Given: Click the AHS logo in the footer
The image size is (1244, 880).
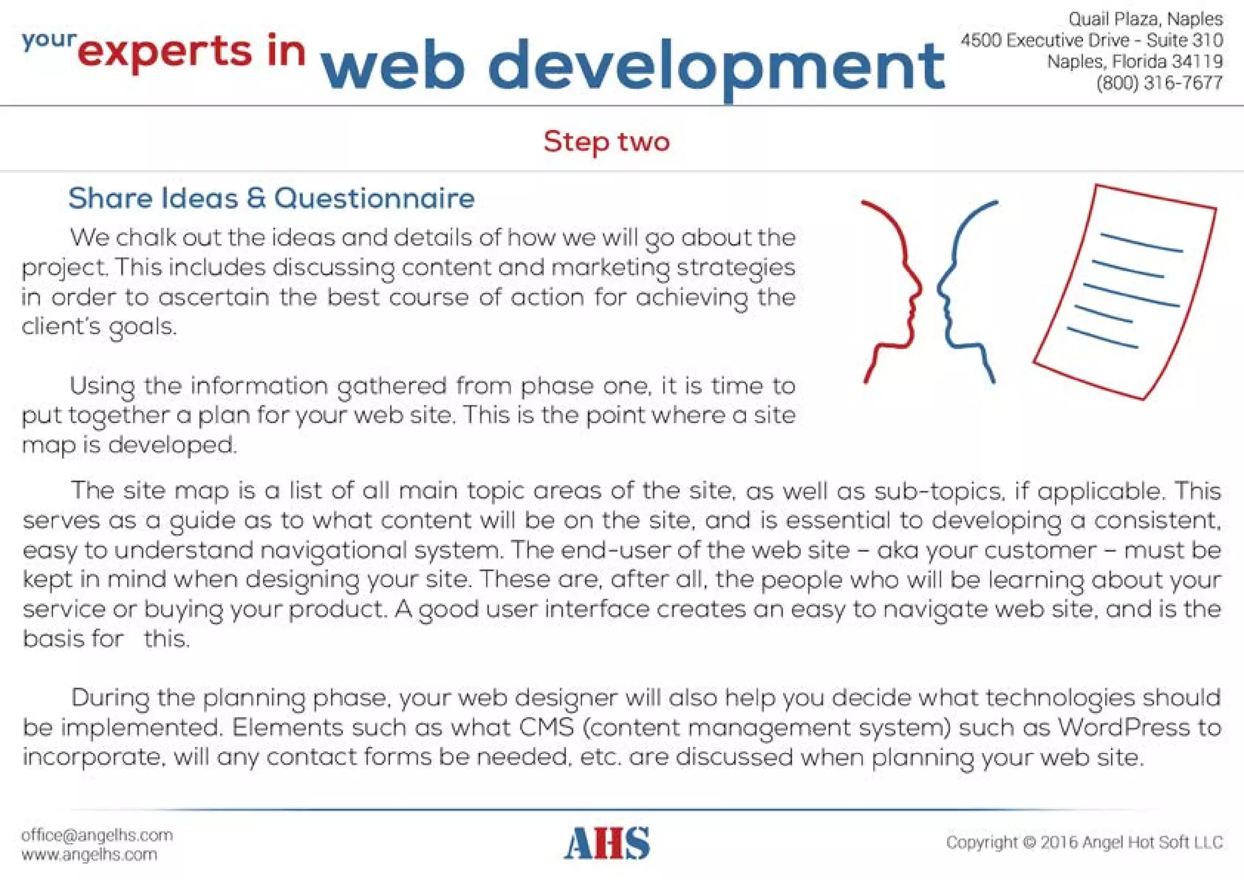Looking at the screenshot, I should click(x=607, y=843).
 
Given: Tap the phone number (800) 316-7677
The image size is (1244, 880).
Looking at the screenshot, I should click(x=1159, y=83).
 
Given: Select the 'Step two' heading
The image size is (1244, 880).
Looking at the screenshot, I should click(x=606, y=142).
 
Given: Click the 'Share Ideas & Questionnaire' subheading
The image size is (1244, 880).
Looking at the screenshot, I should click(x=271, y=199).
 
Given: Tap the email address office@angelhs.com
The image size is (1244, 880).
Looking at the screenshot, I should click(x=97, y=835).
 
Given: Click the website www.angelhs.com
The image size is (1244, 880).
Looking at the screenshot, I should click(x=89, y=854).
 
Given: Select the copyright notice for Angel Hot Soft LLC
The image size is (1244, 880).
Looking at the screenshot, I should click(x=1084, y=842).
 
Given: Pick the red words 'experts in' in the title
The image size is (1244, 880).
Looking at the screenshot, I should click(x=191, y=52).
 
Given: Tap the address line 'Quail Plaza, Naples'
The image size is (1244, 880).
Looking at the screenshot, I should click(x=1146, y=19).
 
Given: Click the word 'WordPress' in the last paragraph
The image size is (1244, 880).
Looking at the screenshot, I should click(x=1123, y=727).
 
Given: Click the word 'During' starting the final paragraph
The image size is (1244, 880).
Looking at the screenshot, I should click(x=110, y=698).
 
